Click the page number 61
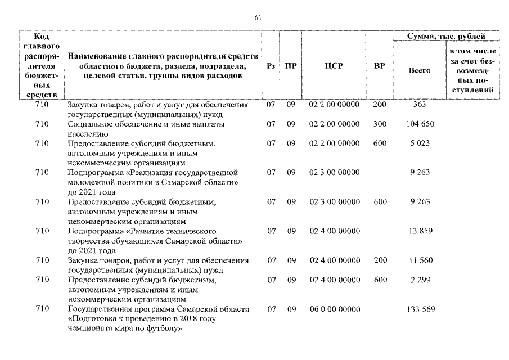tap(258, 18)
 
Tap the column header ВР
tap(380, 66)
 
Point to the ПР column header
tap(291, 66)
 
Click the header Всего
tap(420, 70)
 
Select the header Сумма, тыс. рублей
tap(445, 37)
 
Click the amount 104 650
tap(420, 124)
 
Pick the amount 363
tap(420, 104)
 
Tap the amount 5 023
tap(420, 143)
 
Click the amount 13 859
tap(420, 231)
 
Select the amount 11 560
tap(420, 260)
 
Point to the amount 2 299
tap(420, 280)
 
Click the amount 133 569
tap(420, 309)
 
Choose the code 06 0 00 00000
tap(334, 309)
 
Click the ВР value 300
tap(380, 124)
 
